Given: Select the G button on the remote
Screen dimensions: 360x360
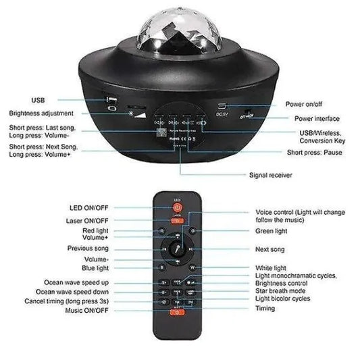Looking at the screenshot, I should pyautogui.click(x=192, y=231).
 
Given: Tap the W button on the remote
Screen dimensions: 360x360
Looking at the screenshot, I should pyautogui.click(x=192, y=267).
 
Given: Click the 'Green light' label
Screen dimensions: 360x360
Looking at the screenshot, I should pyautogui.click(x=274, y=230).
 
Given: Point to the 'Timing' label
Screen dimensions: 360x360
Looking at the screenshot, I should pyautogui.click(x=265, y=309).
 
